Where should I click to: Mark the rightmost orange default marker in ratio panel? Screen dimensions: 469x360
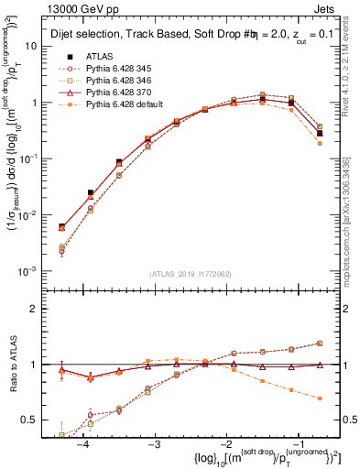pos(319,398)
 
